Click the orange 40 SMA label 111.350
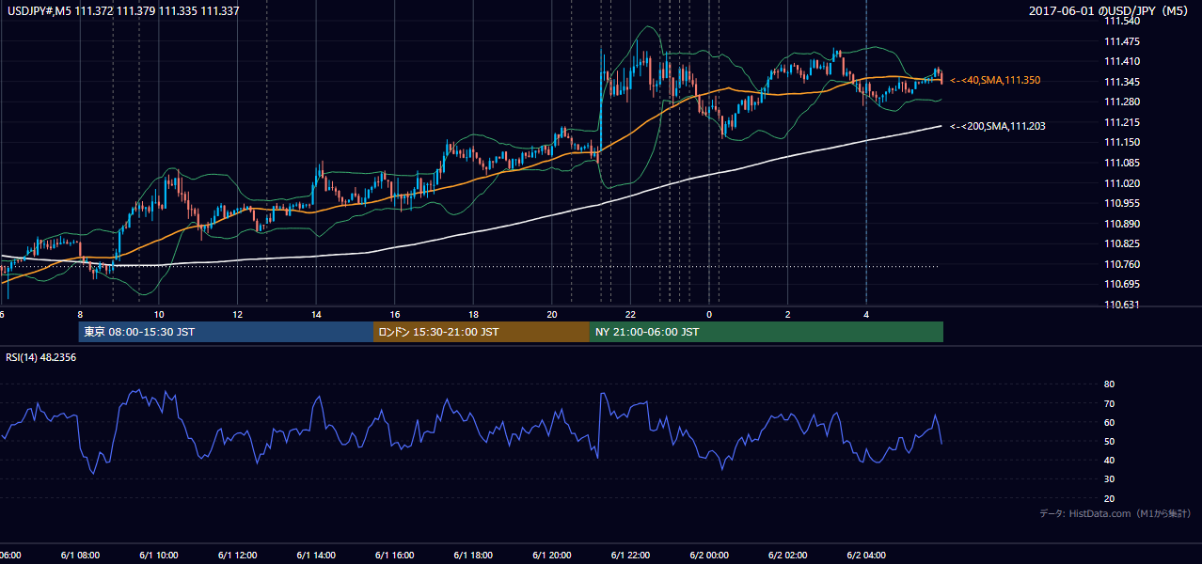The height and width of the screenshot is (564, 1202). (x=995, y=81)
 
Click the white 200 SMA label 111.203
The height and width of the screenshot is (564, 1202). (x=998, y=127)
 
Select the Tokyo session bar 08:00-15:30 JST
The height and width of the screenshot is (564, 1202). (x=226, y=332)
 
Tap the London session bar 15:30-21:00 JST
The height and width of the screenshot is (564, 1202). (x=482, y=332)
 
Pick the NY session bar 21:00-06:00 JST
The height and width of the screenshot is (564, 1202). (x=767, y=332)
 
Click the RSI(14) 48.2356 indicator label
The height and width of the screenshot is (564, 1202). (x=40, y=357)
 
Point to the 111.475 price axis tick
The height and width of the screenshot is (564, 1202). (x=1122, y=41)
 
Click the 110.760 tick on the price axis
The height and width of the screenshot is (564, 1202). (x=1122, y=264)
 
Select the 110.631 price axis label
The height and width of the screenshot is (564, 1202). (x=1122, y=305)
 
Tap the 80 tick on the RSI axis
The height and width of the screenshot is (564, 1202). (x=1109, y=384)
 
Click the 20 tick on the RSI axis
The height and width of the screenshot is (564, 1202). (x=1109, y=498)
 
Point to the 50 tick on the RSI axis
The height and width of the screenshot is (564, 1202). (x=1109, y=442)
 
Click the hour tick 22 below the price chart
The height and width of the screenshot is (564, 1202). (x=630, y=315)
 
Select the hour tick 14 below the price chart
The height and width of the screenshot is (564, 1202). (x=316, y=315)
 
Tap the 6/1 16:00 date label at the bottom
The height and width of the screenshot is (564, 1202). (x=394, y=556)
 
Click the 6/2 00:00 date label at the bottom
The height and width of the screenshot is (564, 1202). (x=709, y=556)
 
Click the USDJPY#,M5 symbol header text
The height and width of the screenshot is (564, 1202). (x=40, y=10)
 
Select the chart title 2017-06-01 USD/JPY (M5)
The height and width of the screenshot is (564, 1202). (x=1108, y=10)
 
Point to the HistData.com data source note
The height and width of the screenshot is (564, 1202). (x=1115, y=513)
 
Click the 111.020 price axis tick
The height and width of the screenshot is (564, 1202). (x=1122, y=183)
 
